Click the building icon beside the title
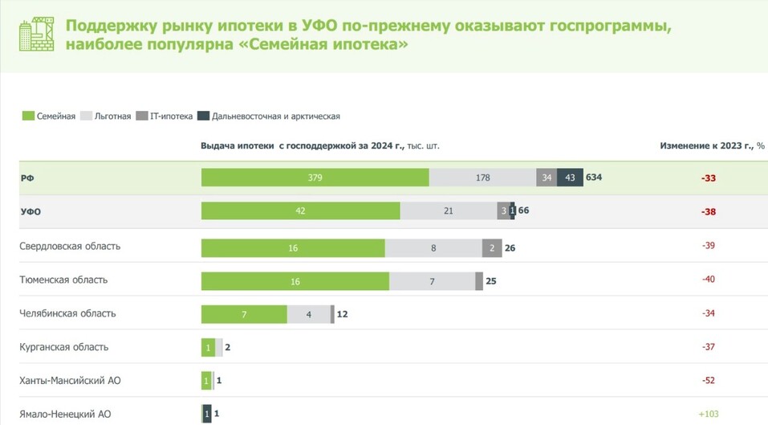coord(35,35)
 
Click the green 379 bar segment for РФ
coord(315,178)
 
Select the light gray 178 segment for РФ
coord(482,178)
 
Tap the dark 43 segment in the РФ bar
coord(570,178)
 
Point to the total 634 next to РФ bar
coord(594,178)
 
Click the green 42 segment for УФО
coord(300,211)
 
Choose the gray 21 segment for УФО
coord(449,211)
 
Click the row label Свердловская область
coord(70,246)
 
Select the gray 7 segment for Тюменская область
coord(432,280)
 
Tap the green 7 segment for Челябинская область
coord(243,313)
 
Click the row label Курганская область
coord(63,347)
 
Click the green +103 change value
coord(708,414)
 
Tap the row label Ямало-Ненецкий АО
coord(65,414)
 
